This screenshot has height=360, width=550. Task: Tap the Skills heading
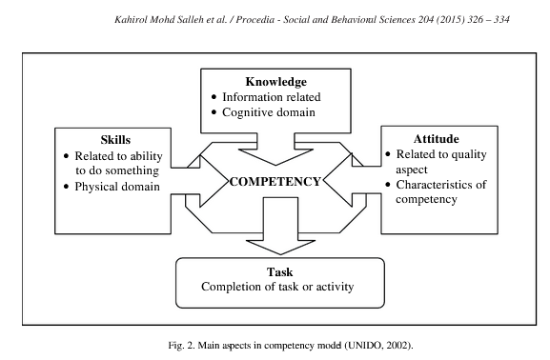(x=87, y=137)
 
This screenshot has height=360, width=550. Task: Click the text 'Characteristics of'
(x=440, y=184)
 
